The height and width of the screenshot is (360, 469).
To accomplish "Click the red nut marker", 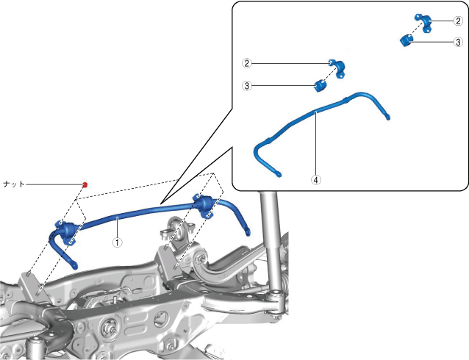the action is (x=85, y=185).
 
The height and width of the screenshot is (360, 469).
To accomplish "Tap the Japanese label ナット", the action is (x=13, y=184).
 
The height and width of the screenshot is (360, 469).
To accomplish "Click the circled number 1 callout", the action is (x=118, y=242).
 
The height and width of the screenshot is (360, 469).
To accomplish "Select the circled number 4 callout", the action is (x=316, y=180).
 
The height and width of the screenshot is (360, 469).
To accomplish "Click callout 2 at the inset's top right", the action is (x=458, y=21).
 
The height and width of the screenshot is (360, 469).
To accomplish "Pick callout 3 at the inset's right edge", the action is (x=458, y=42).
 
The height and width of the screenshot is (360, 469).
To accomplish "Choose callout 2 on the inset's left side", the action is (x=247, y=63).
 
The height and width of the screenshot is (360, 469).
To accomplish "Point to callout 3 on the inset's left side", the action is (x=247, y=86).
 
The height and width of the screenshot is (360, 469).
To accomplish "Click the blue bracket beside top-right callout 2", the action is (x=424, y=22).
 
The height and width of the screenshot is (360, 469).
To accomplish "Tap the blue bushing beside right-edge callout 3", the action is (x=407, y=40).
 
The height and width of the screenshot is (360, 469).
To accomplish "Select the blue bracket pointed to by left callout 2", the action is (x=338, y=68).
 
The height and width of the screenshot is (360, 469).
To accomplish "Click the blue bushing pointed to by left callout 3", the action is (x=321, y=86).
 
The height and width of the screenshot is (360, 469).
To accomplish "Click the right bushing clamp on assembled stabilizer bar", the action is (x=204, y=206).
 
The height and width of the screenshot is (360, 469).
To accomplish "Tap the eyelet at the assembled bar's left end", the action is (x=74, y=265).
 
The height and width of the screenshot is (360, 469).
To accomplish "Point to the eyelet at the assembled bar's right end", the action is (x=247, y=232).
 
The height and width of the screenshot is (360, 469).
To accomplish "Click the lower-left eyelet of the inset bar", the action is (x=278, y=173).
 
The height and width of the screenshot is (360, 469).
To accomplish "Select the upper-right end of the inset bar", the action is (x=387, y=118).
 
